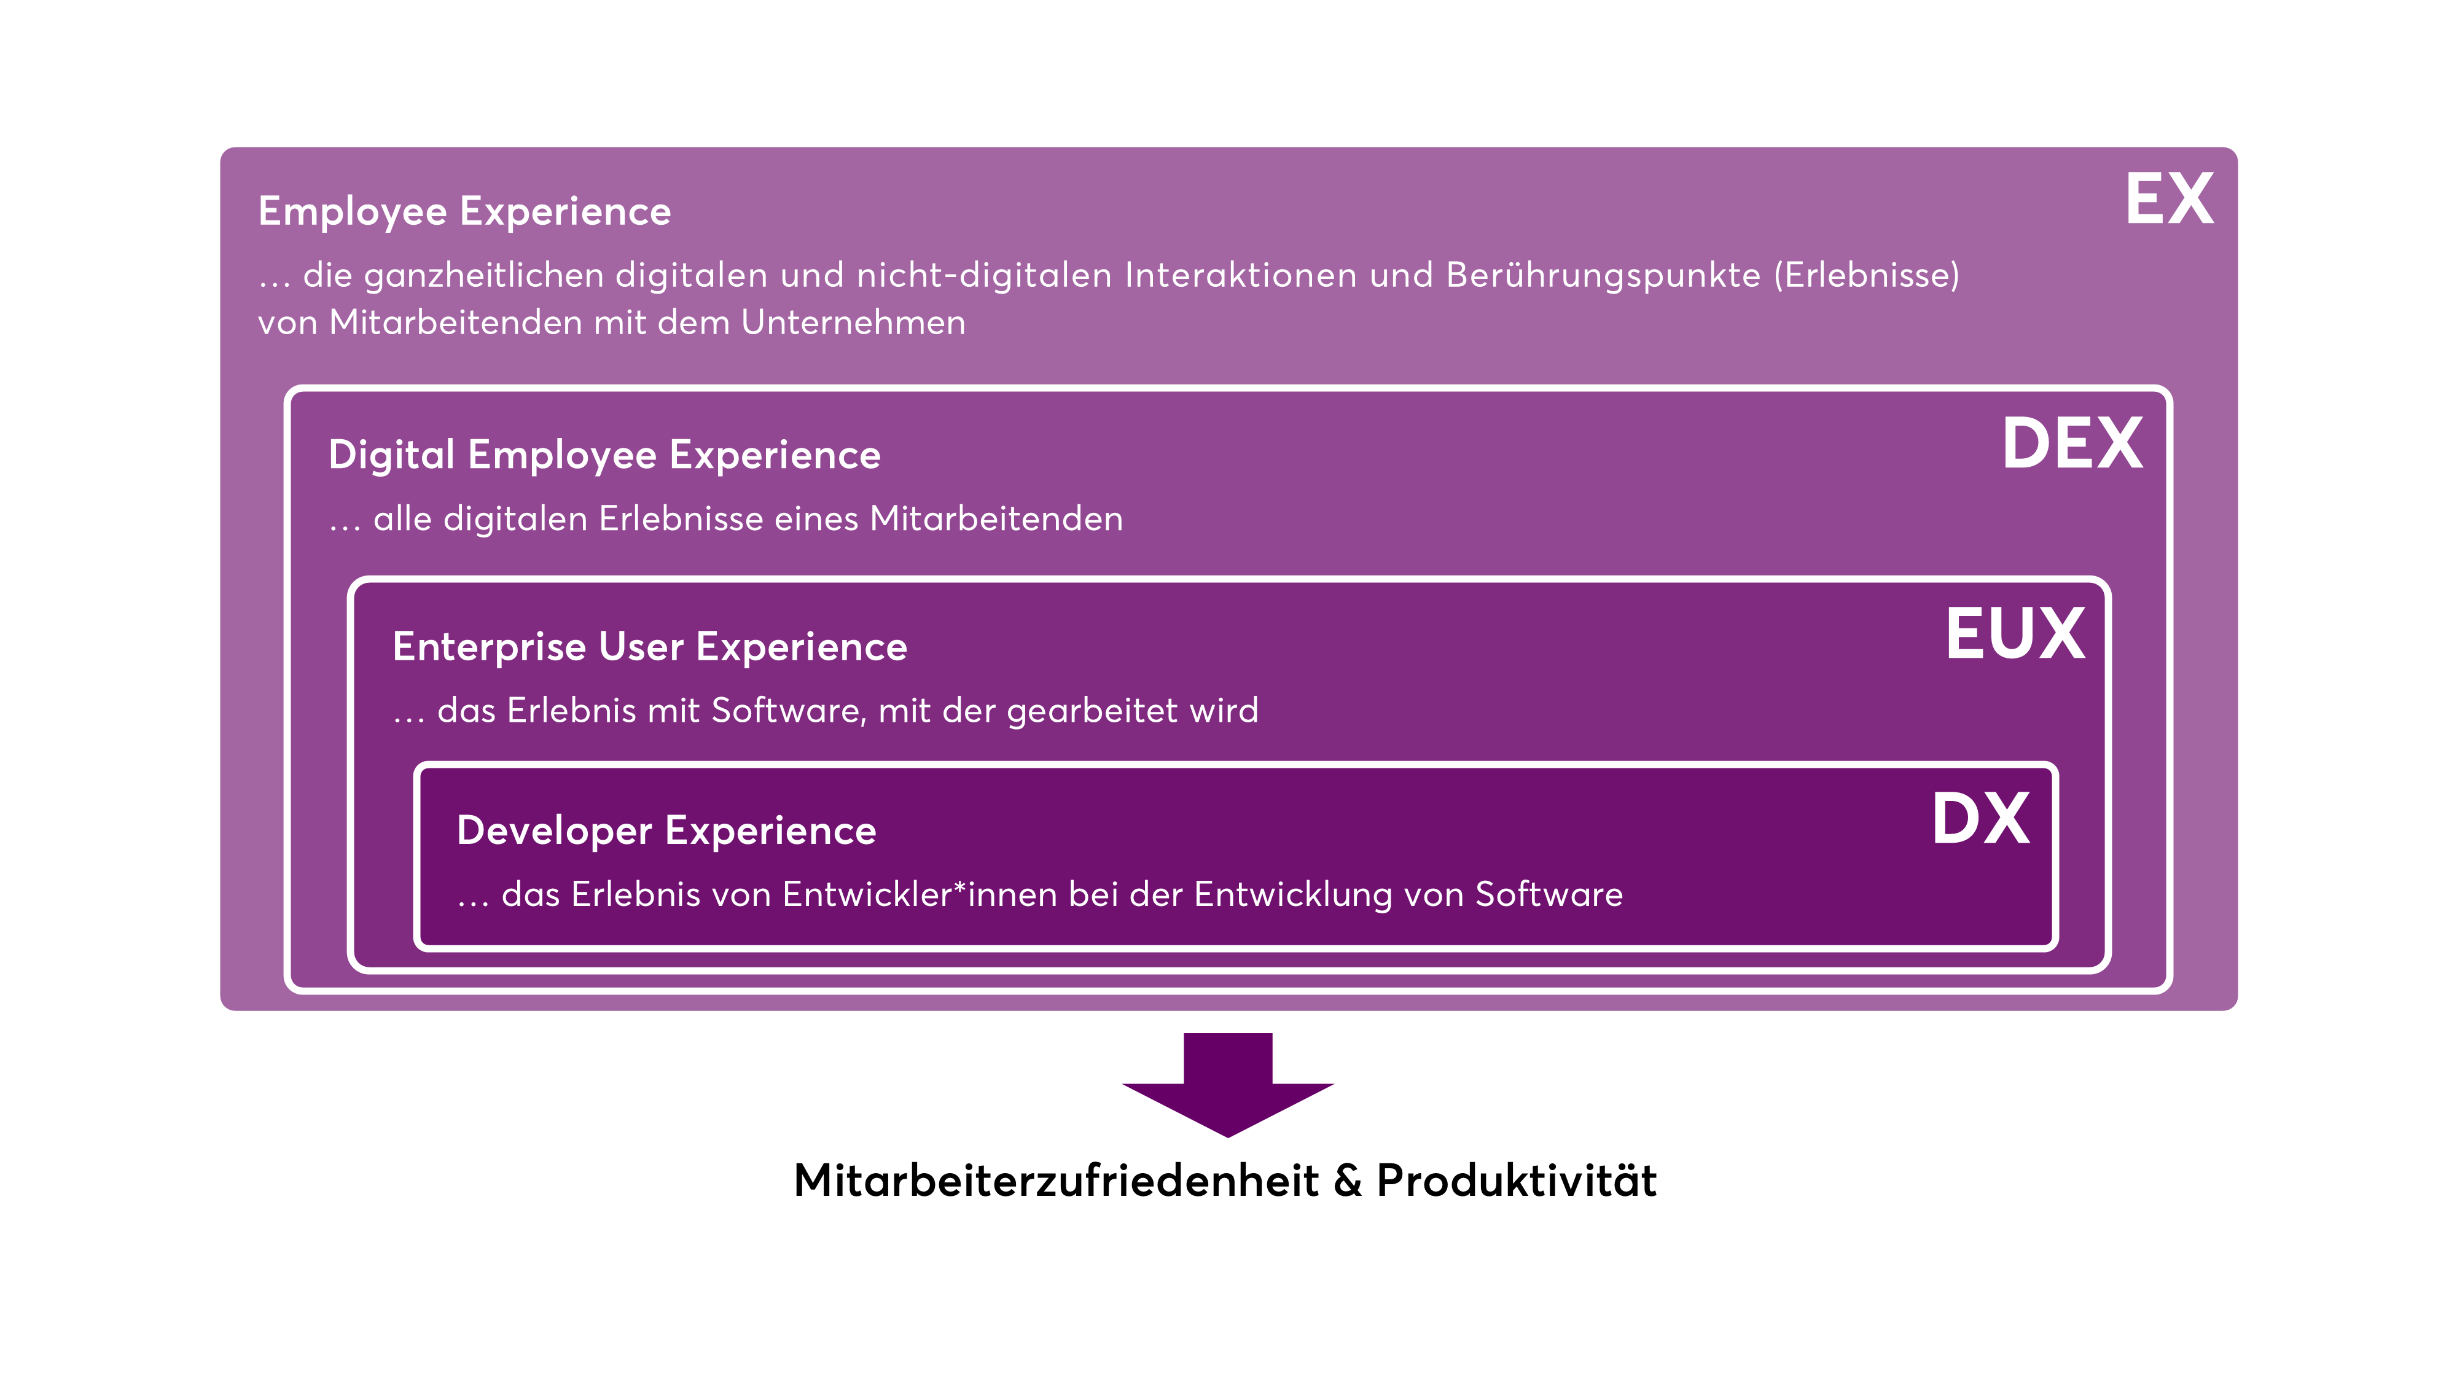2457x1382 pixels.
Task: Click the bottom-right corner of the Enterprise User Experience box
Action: pos(2109,970)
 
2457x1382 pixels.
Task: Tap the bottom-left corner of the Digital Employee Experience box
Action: pos(287,991)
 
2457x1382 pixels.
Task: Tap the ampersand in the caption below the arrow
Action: pos(1348,1181)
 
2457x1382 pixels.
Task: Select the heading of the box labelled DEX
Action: pos(604,455)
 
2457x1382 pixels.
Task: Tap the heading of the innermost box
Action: pos(666,830)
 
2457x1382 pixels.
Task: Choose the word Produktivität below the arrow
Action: pos(1517,1181)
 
